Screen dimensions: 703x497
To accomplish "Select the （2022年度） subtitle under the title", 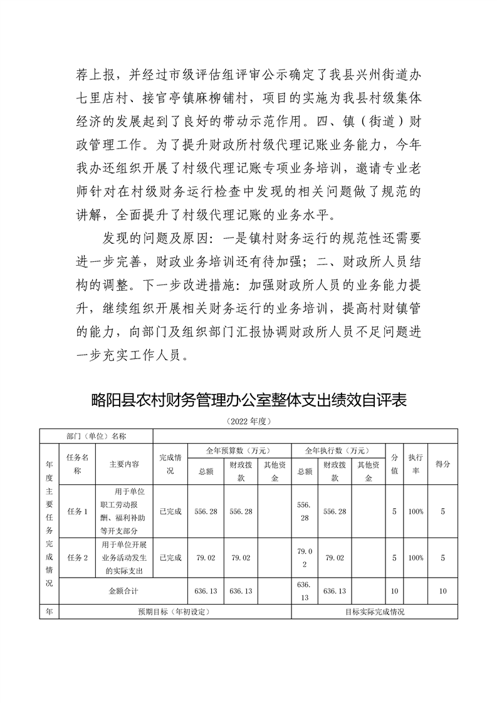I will [x=249, y=421].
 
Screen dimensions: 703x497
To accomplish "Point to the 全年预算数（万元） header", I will [x=239, y=450].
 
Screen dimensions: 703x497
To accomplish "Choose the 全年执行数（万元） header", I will [x=337, y=450].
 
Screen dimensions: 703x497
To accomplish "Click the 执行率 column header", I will [x=415, y=464].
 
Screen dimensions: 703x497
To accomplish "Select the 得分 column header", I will [x=442, y=464].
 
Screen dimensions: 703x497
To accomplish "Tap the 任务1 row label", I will [x=77, y=511].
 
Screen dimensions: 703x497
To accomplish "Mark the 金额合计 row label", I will [x=123, y=591].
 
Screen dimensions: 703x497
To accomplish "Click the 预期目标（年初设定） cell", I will [x=174, y=612].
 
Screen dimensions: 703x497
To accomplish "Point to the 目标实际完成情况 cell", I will [x=374, y=612].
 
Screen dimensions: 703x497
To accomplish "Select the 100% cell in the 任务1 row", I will [x=415, y=511].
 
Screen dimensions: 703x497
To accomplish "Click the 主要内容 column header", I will [x=123, y=464].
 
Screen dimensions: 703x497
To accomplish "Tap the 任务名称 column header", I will [x=77, y=464].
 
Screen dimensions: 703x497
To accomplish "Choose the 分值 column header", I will [x=394, y=464].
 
